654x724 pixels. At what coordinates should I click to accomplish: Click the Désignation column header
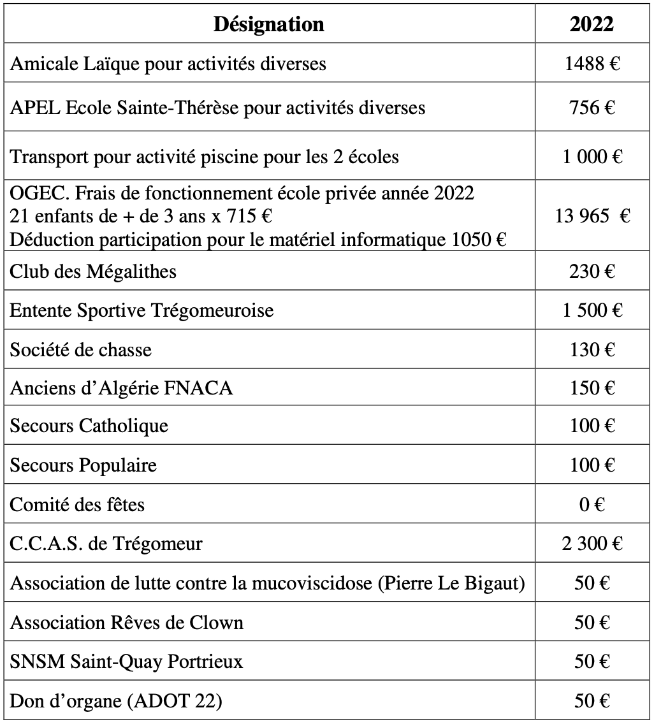click(268, 24)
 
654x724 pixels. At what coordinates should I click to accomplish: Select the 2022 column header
click(592, 24)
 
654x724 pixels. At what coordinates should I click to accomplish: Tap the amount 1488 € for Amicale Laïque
click(592, 64)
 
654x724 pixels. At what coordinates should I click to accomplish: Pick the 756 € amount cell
click(592, 107)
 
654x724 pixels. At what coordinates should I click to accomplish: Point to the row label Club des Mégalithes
click(93, 271)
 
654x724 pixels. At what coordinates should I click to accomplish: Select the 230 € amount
click(592, 271)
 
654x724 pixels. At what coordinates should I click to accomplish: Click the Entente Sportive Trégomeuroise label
click(142, 310)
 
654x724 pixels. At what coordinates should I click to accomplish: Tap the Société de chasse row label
click(81, 349)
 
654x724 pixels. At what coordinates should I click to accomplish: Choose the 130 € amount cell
click(592, 349)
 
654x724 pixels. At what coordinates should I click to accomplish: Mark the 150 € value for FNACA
click(592, 387)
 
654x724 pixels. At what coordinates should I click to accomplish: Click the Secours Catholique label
click(89, 426)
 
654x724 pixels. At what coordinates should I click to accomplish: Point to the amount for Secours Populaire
click(592, 465)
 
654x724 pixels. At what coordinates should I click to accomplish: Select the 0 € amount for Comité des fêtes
click(592, 505)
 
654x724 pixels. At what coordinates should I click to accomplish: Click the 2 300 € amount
click(592, 544)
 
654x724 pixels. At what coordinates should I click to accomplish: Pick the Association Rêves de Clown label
click(127, 622)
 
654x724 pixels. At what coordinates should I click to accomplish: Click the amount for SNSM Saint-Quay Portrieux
click(592, 662)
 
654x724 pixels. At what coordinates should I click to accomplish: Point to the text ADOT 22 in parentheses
click(174, 702)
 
